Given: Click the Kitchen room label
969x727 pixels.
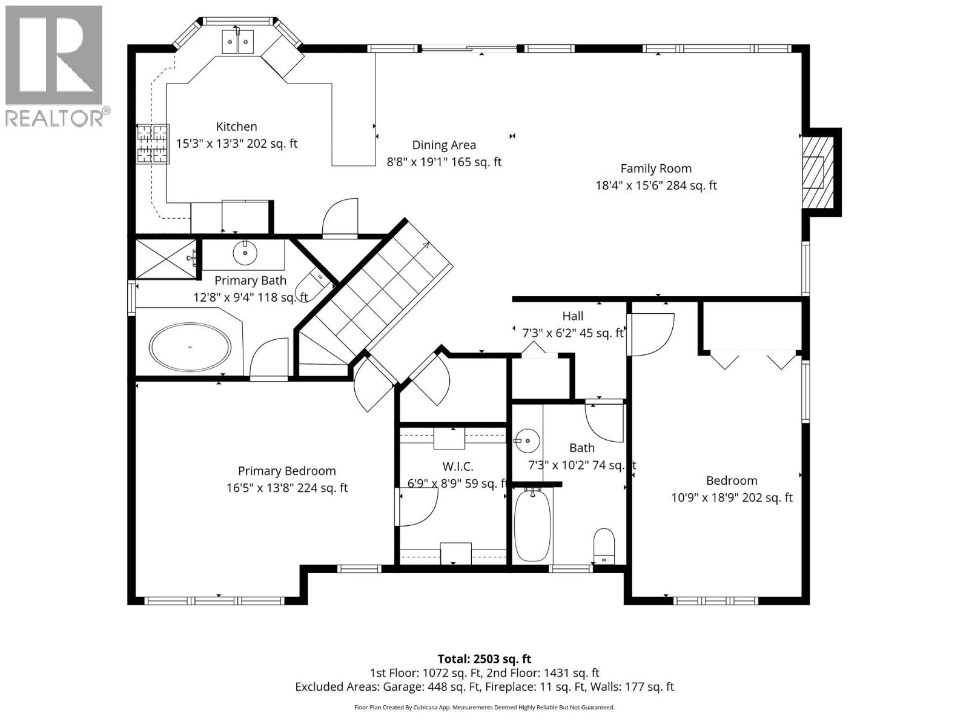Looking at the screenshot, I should coord(236,127).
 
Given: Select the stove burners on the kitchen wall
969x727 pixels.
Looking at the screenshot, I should coord(152,144).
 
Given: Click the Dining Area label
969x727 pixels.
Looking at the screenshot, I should coord(444,145).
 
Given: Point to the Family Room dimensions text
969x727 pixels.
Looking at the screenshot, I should coord(656,185).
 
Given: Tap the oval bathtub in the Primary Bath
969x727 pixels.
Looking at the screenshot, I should coord(190,347).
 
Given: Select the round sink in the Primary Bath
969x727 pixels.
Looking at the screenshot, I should coord(245,253).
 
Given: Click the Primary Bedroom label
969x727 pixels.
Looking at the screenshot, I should coord(286,471).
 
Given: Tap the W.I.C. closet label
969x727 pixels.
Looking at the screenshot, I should coord(457,466).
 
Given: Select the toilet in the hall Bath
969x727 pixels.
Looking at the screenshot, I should coord(604,545).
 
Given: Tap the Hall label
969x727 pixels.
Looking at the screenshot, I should coord(572,316).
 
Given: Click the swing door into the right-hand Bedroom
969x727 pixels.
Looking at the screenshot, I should coord(651,334).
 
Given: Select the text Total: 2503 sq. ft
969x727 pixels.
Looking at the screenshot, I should coord(484,659).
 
